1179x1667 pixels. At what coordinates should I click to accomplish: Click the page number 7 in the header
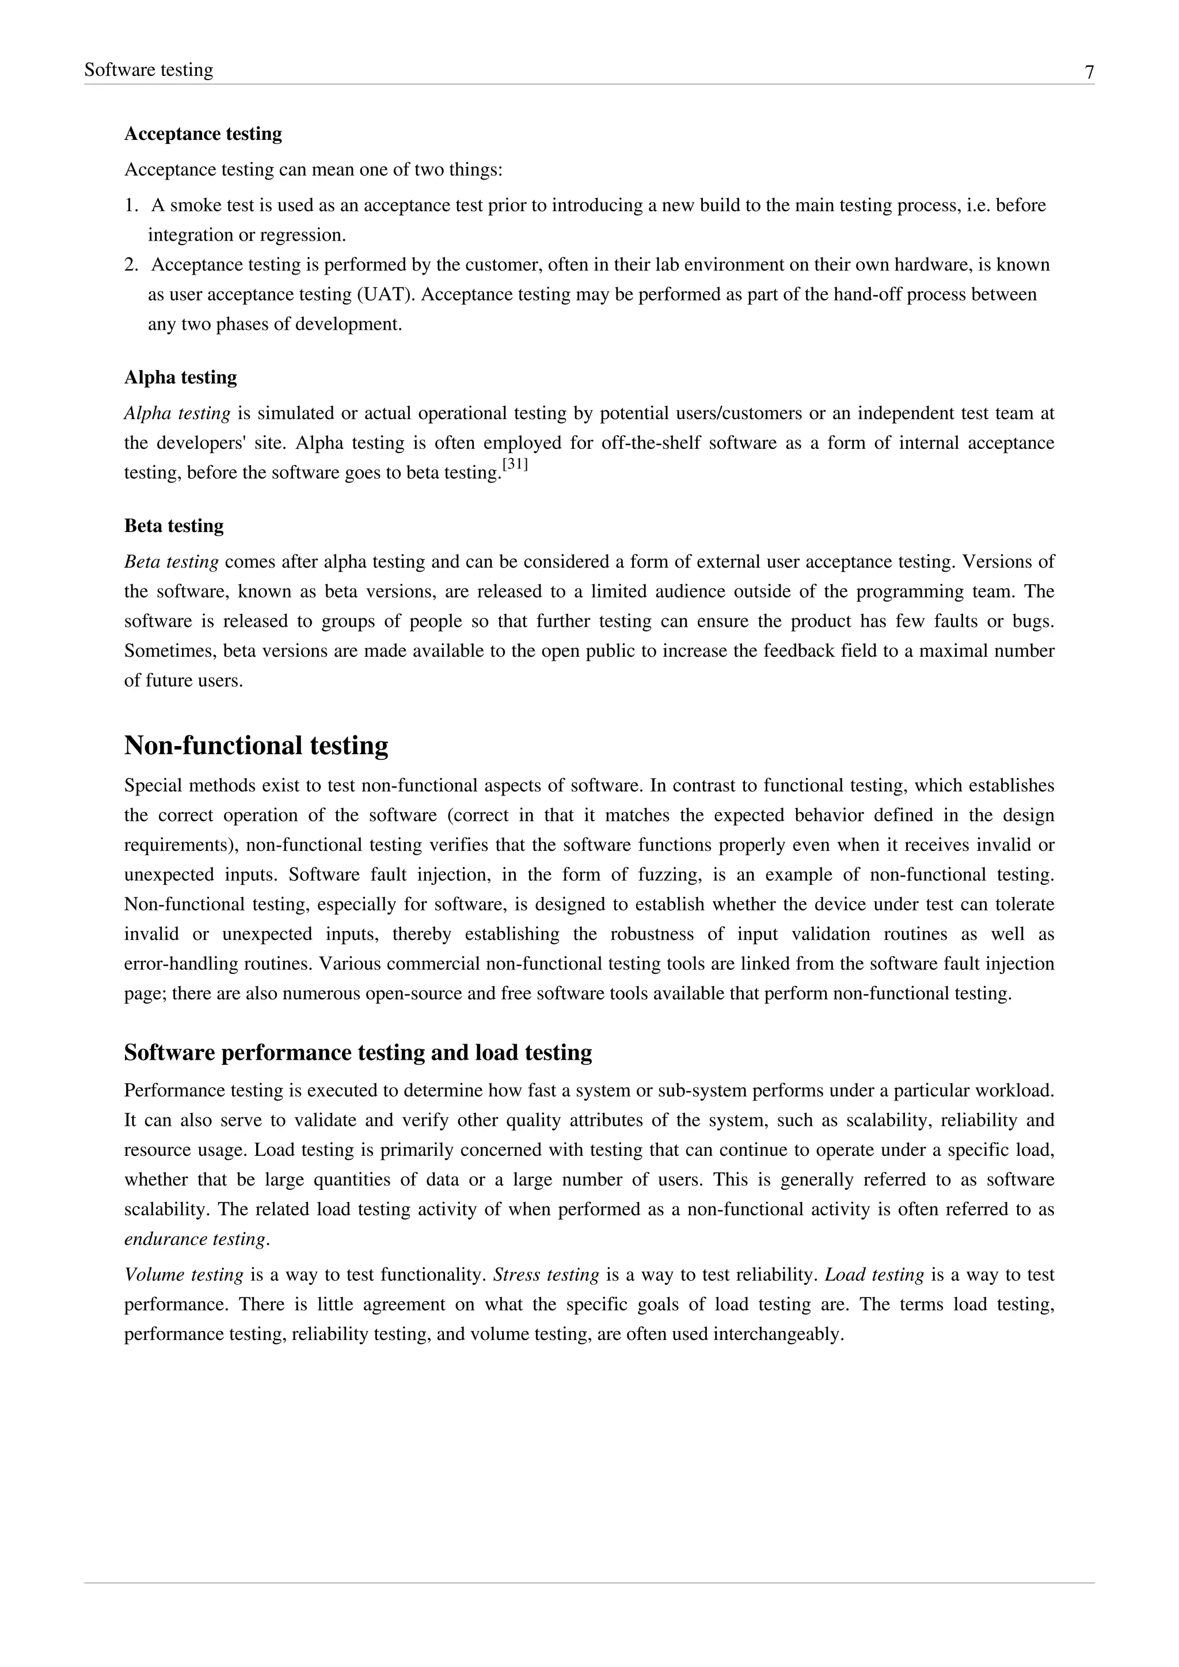click(1089, 73)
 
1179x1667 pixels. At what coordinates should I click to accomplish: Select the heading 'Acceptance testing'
click(203, 134)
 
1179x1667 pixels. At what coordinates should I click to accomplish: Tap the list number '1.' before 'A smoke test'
click(131, 205)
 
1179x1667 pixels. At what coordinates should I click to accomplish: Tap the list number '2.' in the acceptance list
click(131, 265)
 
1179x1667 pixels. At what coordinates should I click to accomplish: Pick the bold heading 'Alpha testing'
click(180, 378)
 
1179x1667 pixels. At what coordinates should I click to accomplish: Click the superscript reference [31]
click(515, 465)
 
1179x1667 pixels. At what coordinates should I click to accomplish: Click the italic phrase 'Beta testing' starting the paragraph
click(172, 562)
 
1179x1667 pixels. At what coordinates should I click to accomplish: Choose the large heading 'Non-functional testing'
click(256, 745)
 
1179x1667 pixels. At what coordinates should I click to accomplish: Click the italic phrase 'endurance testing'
click(195, 1239)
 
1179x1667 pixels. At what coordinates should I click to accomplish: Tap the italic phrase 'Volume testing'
click(183, 1275)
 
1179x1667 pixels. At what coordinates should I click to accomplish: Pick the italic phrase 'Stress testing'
click(546, 1275)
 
